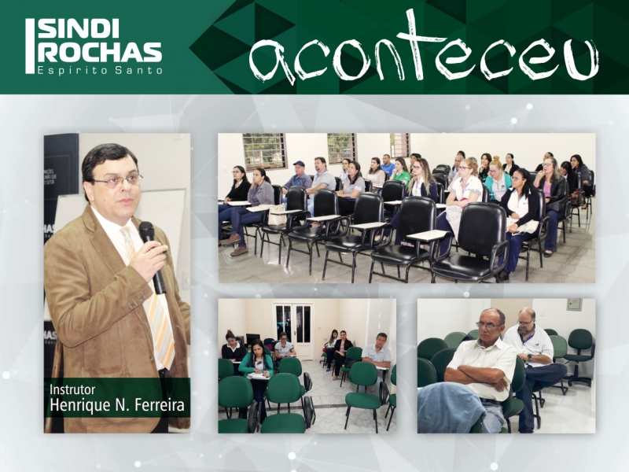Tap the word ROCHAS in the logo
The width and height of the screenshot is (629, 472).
[x=100, y=51]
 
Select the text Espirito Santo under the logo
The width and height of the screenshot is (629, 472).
[x=100, y=70]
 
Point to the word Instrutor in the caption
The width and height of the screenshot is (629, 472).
[x=72, y=389]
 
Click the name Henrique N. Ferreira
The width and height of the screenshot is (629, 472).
[x=117, y=404]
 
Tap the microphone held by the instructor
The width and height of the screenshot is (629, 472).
[x=152, y=257]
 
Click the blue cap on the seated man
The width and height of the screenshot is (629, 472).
[x=299, y=164]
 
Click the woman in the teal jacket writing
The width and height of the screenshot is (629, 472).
[x=256, y=361]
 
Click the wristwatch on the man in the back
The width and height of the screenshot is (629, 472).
[x=530, y=356]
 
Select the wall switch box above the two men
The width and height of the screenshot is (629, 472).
[x=575, y=304]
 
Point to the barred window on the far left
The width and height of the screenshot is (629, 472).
[x=264, y=150]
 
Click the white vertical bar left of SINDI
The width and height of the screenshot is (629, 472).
[x=30, y=46]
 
